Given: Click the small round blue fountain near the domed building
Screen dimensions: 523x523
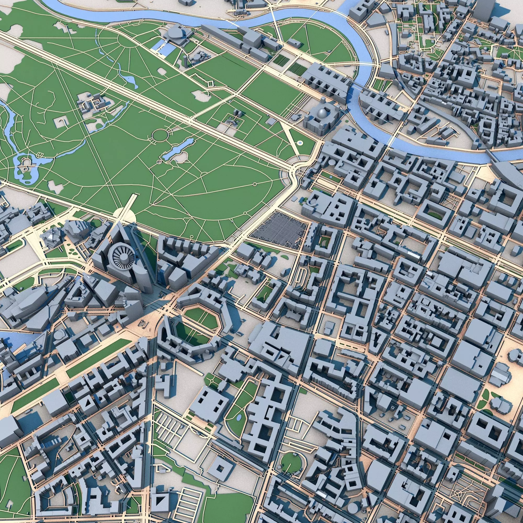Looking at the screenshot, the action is pyautogui.click(x=300, y=143).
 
